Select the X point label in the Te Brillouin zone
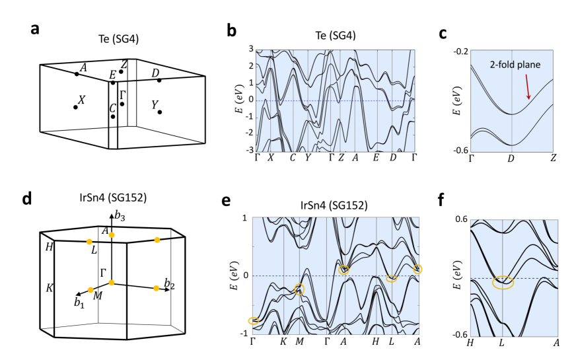tap(81, 100)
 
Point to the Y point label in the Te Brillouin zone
tap(154, 104)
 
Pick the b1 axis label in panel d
tap(80, 303)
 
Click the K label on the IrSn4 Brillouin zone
tap(50, 289)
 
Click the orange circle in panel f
tap(503, 282)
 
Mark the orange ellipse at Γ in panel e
tap(254, 321)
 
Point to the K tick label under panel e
tap(283, 341)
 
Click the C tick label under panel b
tap(292, 157)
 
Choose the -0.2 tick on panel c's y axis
tap(462, 51)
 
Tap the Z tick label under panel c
tap(553, 158)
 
